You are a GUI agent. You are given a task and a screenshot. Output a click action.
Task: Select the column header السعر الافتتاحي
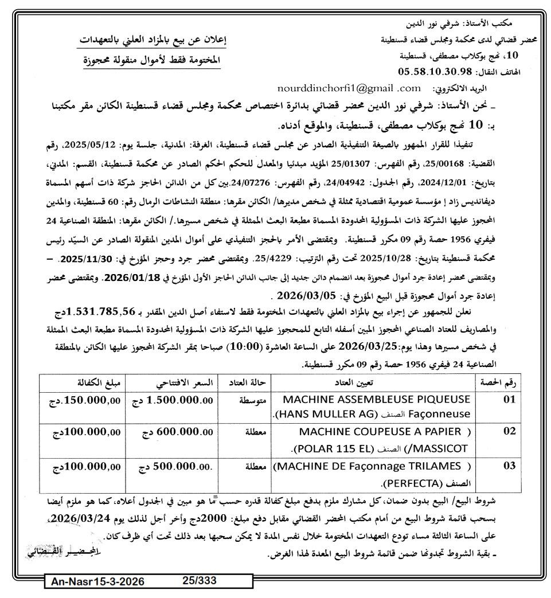(x=171, y=382)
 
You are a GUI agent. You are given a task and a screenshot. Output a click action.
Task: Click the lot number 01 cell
(x=509, y=400)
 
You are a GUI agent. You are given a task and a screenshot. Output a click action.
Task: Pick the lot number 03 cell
(x=509, y=466)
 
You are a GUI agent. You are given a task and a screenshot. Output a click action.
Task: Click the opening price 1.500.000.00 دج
(x=172, y=400)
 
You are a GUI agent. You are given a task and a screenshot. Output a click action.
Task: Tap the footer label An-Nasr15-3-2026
(x=98, y=581)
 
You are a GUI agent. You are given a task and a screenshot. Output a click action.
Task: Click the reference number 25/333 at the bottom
(x=200, y=580)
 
